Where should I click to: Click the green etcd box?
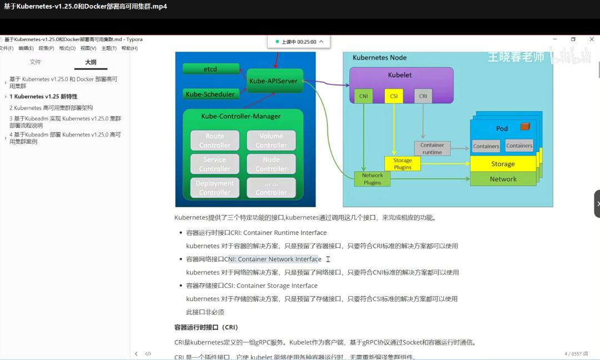point(211,69)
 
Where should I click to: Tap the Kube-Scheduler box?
point(211,94)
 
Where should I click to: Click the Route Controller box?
point(215,141)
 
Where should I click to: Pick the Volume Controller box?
point(271,141)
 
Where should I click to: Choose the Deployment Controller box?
point(215,188)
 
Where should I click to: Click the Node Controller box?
point(271,164)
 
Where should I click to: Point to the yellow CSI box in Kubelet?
point(394,96)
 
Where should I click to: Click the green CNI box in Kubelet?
point(364,96)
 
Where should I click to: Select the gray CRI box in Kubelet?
point(423,96)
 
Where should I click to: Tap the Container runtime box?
point(432,148)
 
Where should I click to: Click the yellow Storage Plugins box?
point(403,163)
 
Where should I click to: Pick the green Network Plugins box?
point(372,178)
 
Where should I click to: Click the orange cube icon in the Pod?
point(525,127)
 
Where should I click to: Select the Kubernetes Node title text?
point(379,58)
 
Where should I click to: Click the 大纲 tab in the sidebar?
point(91,62)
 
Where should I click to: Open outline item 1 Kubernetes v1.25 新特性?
point(43,97)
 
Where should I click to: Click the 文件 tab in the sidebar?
point(36,62)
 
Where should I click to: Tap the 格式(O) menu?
point(67,48)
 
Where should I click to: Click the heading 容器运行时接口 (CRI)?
point(206,328)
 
